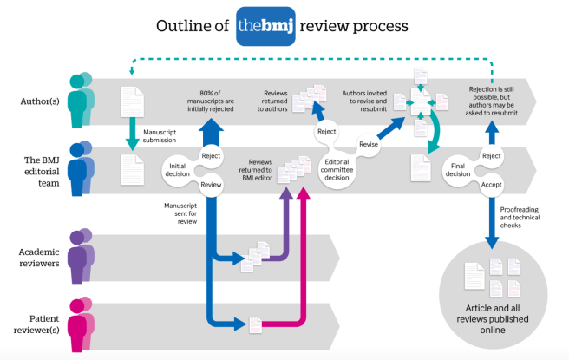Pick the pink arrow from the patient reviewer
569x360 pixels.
(304, 260)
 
